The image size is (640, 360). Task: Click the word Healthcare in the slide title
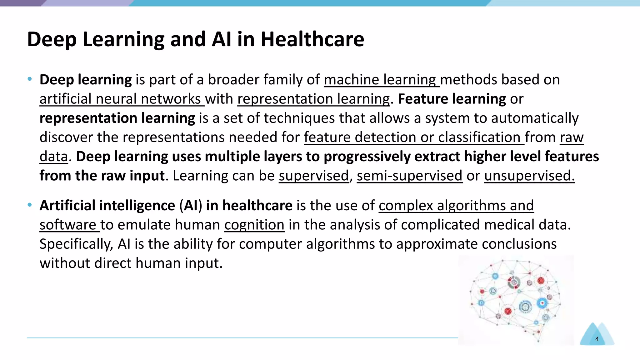[312, 39]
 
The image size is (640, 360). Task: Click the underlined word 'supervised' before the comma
[313, 176]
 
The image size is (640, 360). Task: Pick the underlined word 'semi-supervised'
[409, 176]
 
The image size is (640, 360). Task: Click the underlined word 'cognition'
[254, 225]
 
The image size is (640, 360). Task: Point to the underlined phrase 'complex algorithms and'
[456, 206]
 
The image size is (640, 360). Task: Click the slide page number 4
[597, 339]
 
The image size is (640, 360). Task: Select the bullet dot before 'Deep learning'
[30, 79]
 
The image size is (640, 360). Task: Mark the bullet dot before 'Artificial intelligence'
[30, 205]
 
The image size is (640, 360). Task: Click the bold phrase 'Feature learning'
[452, 99]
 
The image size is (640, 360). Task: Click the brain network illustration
[516, 300]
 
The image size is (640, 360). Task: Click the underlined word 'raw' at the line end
[572, 137]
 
